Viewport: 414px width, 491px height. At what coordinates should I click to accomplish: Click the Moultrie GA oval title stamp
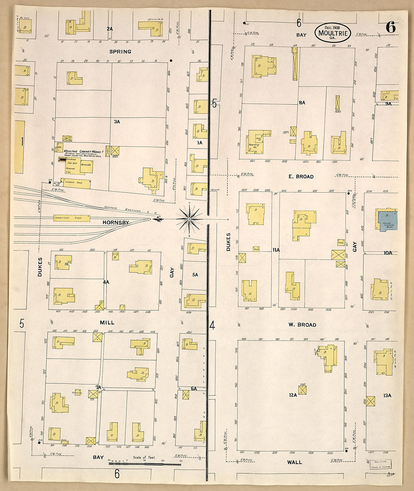333,33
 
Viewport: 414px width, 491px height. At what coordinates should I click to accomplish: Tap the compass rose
190,218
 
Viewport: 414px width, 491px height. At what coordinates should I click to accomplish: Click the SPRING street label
120,52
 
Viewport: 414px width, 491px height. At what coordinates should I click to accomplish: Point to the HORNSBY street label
116,222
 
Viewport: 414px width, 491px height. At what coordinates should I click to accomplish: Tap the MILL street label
107,322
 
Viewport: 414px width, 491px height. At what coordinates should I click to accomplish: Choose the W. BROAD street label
302,324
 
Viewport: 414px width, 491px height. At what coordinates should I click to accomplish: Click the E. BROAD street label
301,176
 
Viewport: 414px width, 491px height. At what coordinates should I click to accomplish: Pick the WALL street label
294,462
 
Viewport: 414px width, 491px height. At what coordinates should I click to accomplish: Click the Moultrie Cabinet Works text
82,151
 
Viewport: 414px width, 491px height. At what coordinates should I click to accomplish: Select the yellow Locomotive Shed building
72,218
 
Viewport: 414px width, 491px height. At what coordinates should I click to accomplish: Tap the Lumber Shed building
75,183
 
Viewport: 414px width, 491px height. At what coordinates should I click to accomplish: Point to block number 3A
117,122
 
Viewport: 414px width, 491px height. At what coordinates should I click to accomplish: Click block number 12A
293,395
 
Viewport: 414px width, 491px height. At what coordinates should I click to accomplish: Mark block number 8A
301,102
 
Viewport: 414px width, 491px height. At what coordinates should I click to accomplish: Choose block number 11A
276,250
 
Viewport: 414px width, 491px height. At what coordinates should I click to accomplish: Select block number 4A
106,282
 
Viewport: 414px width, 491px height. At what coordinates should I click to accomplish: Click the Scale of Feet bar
145,464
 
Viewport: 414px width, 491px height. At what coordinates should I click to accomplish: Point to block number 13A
387,395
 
